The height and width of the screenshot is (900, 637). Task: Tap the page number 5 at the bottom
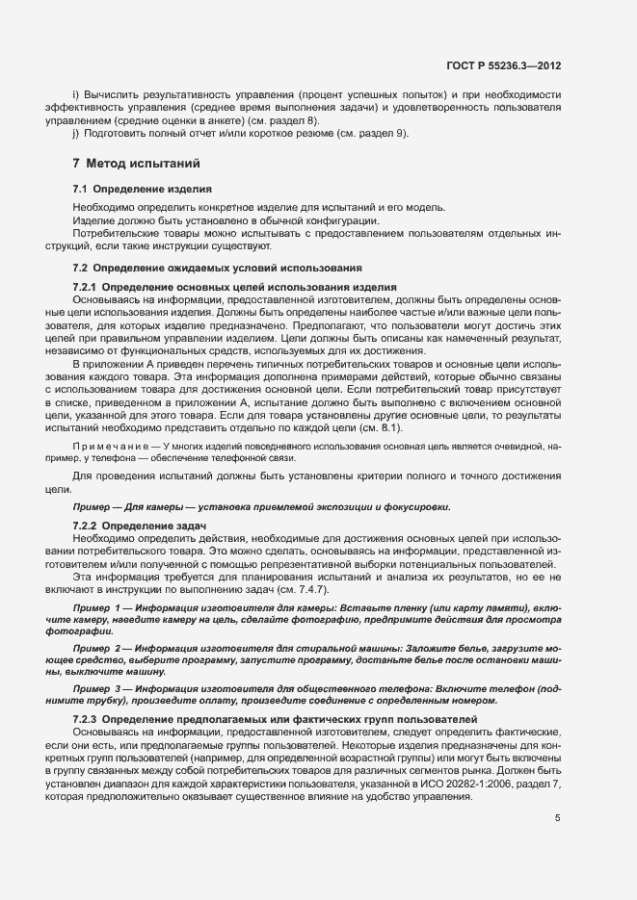(558, 818)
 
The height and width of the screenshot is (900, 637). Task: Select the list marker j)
(76, 133)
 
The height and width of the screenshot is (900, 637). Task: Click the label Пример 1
(99, 609)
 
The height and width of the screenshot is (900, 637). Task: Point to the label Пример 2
(99, 649)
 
